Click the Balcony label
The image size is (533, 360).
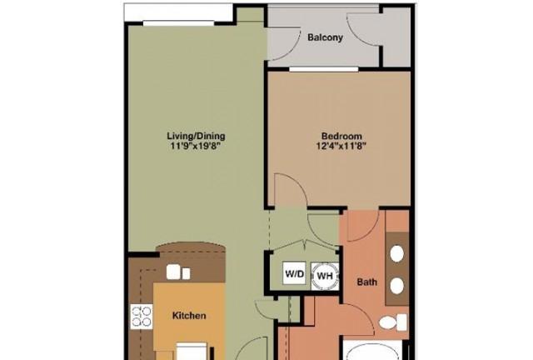coord(325,37)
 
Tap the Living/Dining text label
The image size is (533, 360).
coord(196,136)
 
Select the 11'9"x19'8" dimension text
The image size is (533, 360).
coord(195,147)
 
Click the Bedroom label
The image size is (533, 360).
coord(341,136)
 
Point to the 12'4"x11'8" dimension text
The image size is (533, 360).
coord(341,147)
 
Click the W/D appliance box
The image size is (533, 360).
coord(294,273)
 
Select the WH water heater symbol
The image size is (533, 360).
coord(325,276)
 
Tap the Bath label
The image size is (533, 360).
coord(367,282)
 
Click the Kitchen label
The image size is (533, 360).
coord(189,316)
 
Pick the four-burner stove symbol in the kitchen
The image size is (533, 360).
coord(142,317)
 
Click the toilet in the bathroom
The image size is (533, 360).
coord(392,322)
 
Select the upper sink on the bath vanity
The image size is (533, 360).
coord(397,253)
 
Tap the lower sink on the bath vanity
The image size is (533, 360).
coord(397,286)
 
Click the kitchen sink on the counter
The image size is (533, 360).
coord(177,272)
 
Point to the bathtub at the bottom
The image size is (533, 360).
coord(372,350)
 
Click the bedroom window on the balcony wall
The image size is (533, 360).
coord(324,69)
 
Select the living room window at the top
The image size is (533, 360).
coord(178,23)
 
